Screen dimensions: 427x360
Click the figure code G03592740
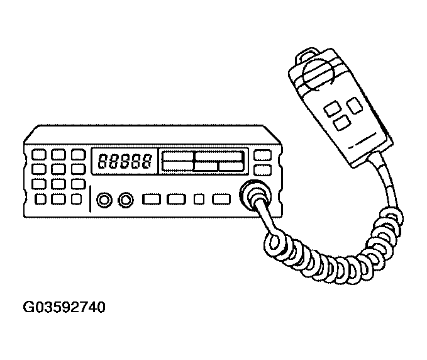[x=64, y=308]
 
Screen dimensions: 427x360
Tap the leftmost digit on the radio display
[x=101, y=162]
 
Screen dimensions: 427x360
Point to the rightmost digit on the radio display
[x=146, y=162]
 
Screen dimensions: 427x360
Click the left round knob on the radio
[x=104, y=200]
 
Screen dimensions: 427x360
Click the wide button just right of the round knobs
[x=152, y=200]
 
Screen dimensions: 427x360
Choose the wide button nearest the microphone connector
[x=221, y=200]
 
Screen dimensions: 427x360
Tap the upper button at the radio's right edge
[x=263, y=155]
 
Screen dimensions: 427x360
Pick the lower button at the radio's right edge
[x=263, y=170]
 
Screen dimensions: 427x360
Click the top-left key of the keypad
[x=39, y=154]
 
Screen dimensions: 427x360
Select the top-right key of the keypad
[x=77, y=154]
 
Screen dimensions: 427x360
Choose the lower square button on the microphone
[x=341, y=123]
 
